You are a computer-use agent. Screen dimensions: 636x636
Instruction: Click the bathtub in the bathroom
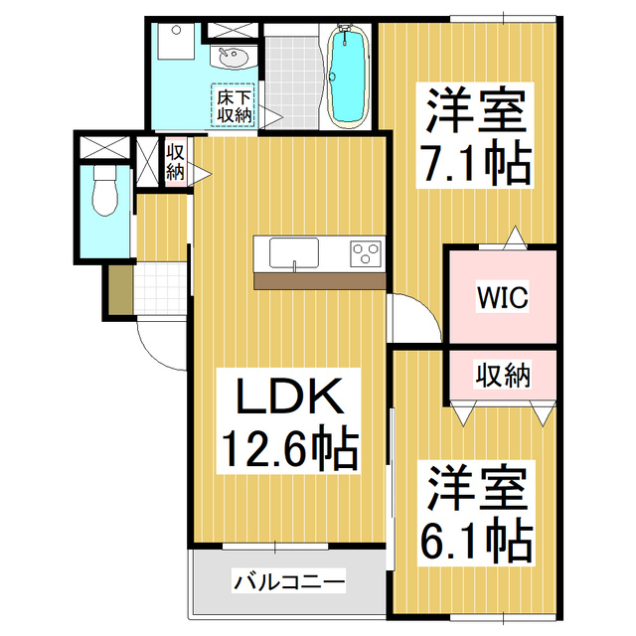point(348,77)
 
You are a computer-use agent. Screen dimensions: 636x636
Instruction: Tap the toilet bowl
point(102,191)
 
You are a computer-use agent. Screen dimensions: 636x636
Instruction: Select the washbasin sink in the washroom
point(234,58)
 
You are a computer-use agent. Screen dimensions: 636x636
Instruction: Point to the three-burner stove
point(366,253)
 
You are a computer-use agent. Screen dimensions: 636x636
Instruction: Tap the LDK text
point(288,399)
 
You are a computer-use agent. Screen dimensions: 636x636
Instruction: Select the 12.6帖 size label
point(288,450)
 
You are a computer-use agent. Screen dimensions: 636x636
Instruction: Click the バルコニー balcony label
point(289,580)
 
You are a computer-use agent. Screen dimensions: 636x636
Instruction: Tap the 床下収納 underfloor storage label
point(235,106)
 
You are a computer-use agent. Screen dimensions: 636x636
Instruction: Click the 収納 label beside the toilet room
point(175,161)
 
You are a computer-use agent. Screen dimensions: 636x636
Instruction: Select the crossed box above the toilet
point(104,146)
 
